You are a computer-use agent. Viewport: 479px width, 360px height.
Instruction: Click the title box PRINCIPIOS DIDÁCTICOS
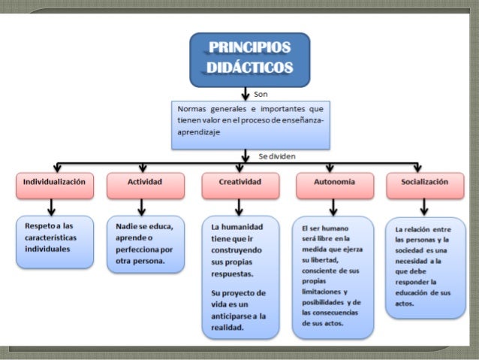tap(249, 59)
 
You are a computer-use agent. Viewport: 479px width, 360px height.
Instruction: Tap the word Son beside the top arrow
tap(260, 95)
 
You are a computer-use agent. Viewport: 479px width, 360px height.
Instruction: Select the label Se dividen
tap(276, 156)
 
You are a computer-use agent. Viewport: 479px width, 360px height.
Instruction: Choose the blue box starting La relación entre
tap(424, 266)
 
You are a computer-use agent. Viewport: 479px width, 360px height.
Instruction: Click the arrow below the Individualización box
tap(51, 207)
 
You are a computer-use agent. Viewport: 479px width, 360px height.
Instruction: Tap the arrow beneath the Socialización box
tap(424, 207)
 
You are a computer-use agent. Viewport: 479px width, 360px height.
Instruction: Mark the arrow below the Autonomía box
tap(333, 207)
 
